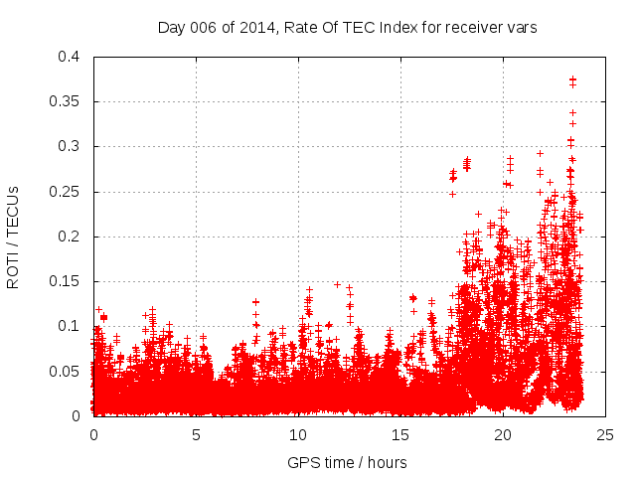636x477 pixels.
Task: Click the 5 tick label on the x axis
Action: point(196,434)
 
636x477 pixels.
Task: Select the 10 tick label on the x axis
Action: point(298,434)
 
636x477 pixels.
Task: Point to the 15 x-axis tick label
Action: point(400,434)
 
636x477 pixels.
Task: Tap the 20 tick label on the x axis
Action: point(503,434)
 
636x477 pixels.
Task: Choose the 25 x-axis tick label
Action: point(605,434)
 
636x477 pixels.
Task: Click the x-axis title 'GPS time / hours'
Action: point(347,462)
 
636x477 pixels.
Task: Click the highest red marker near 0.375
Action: point(572,79)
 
